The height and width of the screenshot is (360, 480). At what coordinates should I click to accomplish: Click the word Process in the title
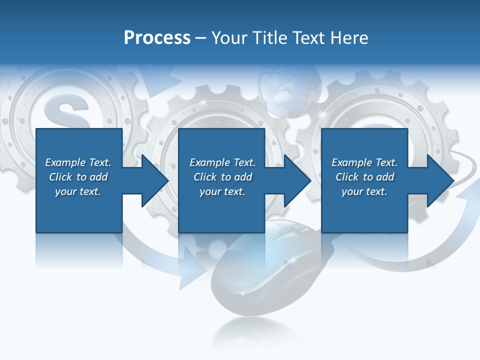point(157,38)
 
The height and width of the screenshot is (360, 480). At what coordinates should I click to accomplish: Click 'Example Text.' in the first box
point(78,162)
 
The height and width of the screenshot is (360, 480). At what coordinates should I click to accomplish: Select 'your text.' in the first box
point(78,191)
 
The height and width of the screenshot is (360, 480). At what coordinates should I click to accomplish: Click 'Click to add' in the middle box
point(222,177)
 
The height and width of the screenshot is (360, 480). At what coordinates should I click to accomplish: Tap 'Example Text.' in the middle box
point(222,162)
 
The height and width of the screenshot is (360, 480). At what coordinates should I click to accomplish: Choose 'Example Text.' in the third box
point(364,162)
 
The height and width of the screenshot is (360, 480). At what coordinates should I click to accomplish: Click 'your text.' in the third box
point(364,191)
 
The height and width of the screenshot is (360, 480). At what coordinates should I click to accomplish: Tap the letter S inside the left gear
point(66,113)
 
